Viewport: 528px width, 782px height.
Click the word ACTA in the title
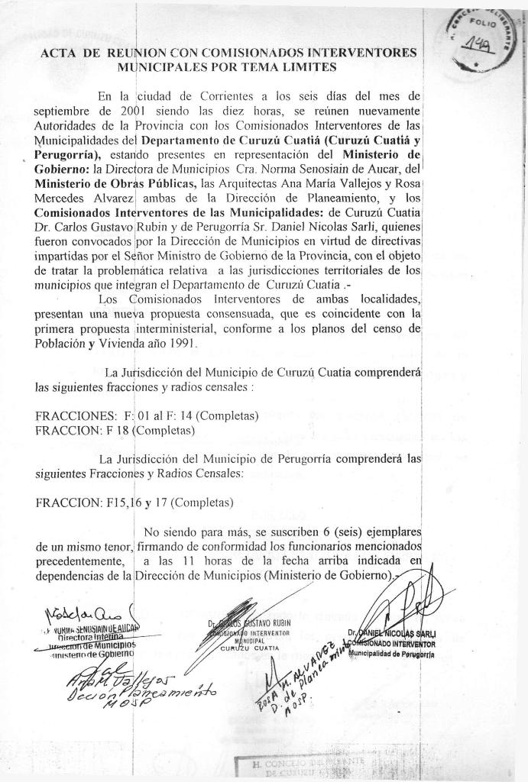click(x=57, y=53)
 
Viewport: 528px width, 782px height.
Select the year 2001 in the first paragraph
click(x=123, y=111)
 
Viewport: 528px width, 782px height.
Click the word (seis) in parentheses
click(x=344, y=532)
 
